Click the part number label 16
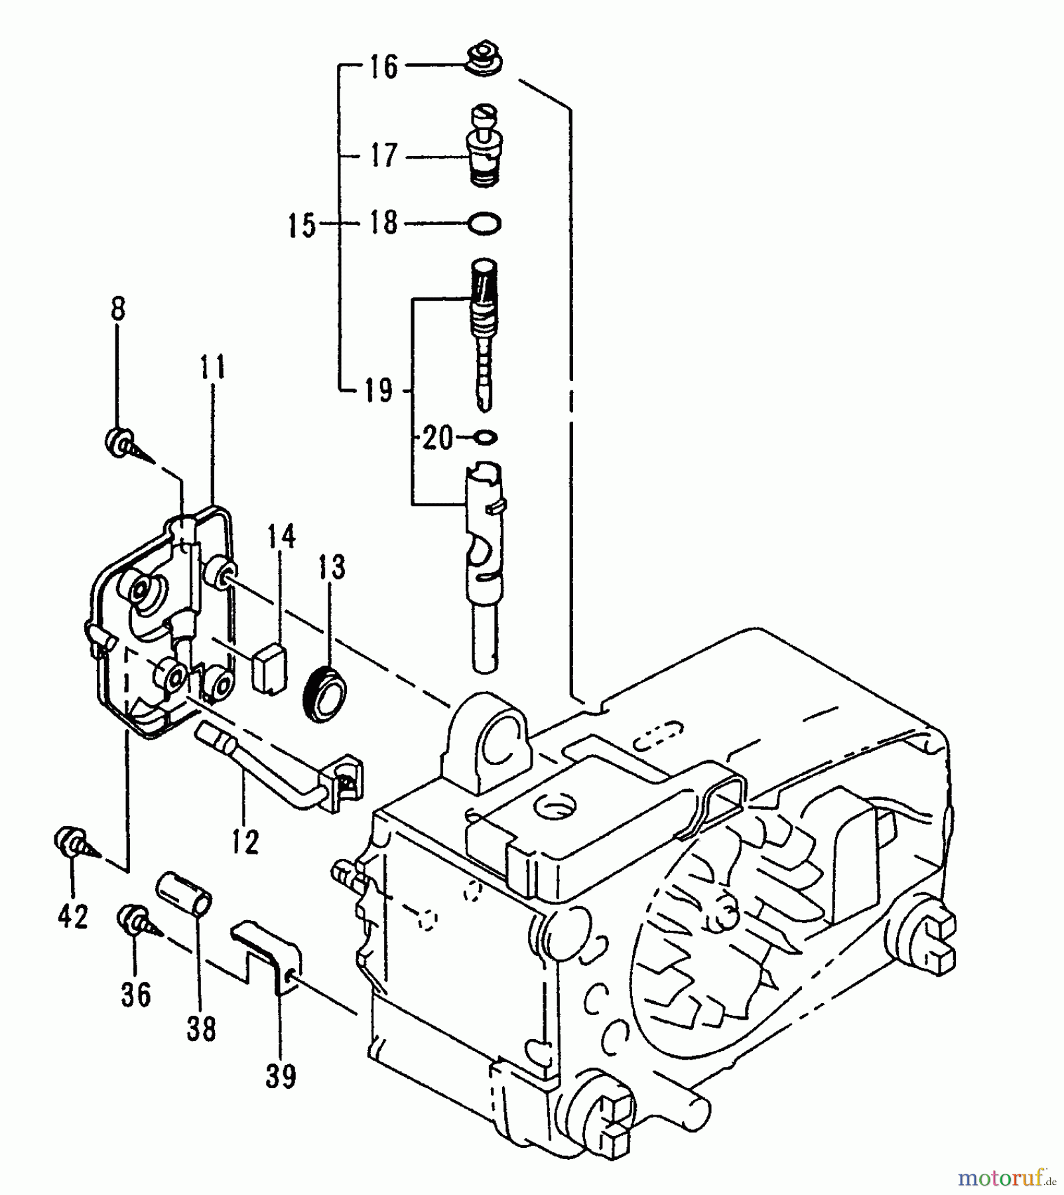coord(383,66)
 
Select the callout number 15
coord(301,226)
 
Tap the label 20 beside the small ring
coord(438,438)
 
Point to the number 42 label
coord(72,917)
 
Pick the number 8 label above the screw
coord(117,310)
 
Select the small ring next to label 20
coord(486,437)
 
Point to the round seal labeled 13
coord(327,692)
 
